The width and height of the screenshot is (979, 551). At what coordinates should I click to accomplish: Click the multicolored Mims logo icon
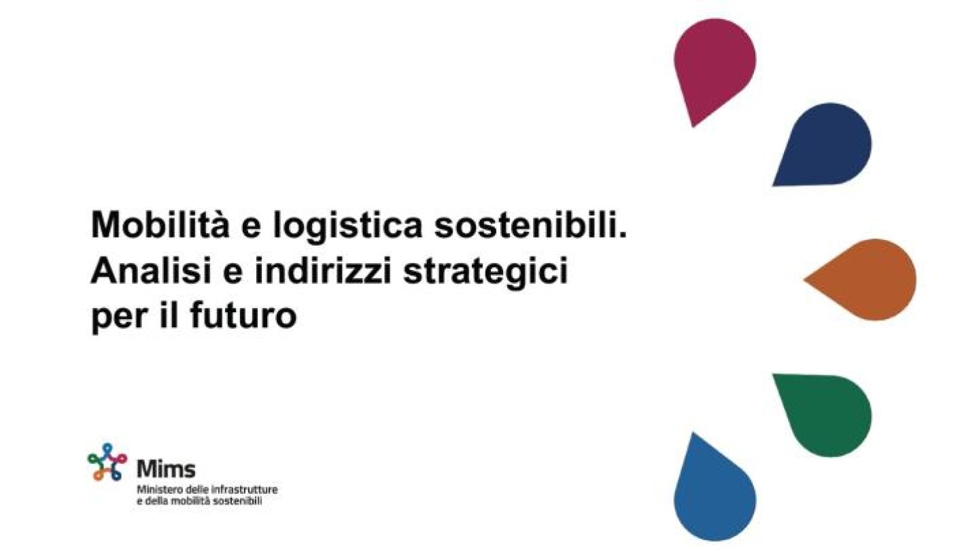click(x=107, y=462)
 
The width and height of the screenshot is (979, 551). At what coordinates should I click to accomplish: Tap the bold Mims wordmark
click(x=167, y=469)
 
